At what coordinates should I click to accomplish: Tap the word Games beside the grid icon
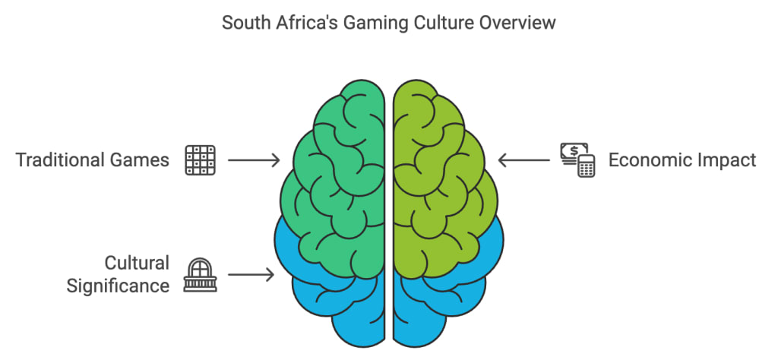pos(143,160)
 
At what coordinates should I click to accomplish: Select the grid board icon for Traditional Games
pos(200,160)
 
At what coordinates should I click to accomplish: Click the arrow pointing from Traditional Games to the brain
pos(254,160)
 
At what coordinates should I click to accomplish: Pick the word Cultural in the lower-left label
pos(137,264)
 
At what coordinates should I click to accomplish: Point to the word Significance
pos(118,286)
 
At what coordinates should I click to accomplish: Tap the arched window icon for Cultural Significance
pos(200,275)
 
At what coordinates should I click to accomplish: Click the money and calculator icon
pos(577,159)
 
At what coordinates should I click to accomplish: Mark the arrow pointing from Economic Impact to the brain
pos(524,160)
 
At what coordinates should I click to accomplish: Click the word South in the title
pos(242,23)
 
